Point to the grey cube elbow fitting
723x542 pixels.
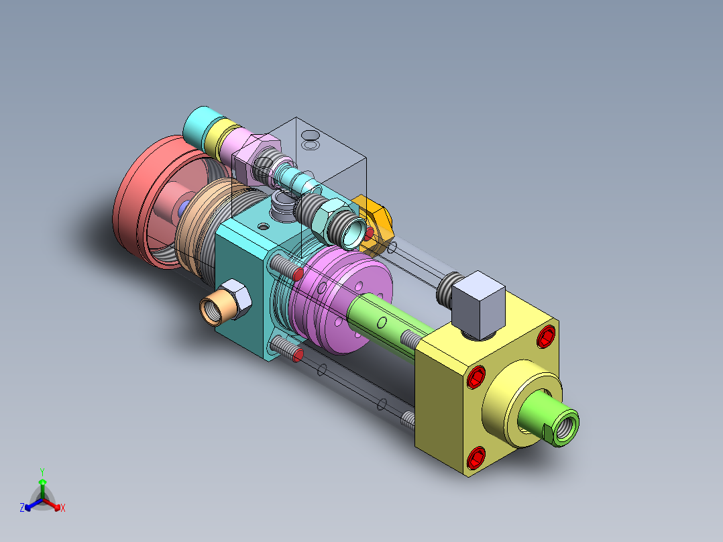point(478,305)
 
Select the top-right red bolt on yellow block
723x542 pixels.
point(547,336)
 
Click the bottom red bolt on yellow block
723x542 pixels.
point(476,458)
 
